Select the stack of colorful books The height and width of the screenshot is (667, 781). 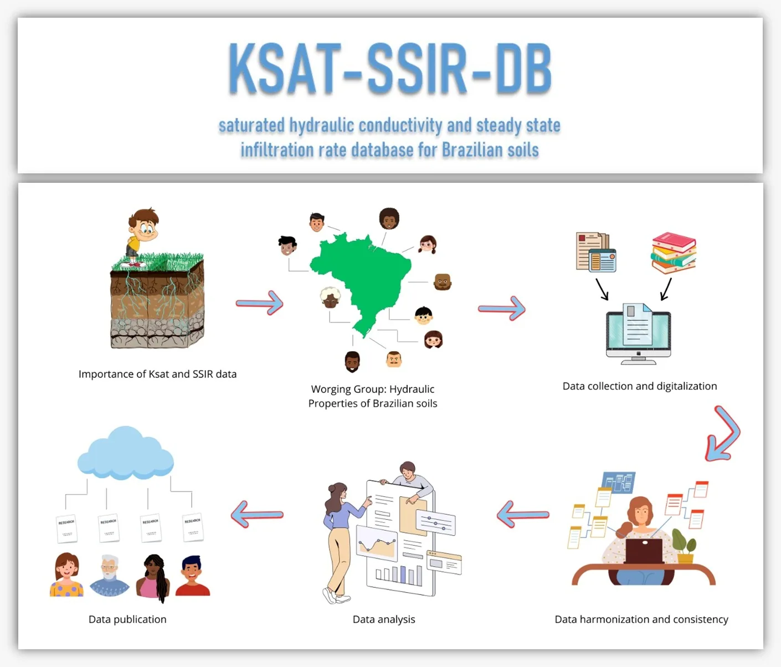pos(674,253)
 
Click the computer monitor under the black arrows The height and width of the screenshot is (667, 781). pos(638,335)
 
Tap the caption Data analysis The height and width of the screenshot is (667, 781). pos(383,619)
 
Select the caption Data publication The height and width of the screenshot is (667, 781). pos(127,619)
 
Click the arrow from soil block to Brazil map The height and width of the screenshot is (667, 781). pos(260,302)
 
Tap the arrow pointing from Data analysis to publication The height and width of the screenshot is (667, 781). pos(257,514)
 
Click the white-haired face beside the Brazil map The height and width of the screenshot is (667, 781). pos(330,298)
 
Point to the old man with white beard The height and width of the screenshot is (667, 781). pos(109,574)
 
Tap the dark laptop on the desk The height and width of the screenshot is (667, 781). pos(644,551)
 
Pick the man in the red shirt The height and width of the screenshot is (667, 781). pos(192,576)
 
